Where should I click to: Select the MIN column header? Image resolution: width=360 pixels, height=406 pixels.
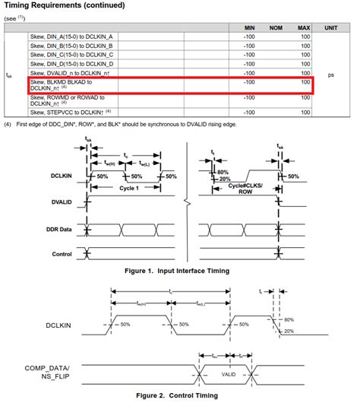pos(249,27)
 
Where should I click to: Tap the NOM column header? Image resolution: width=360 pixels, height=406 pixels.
pos(277,27)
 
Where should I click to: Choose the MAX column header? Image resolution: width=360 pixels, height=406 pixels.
pos(304,27)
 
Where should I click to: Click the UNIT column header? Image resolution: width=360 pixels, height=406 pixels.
pos(331,27)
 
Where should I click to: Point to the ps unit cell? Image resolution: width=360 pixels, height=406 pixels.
pos(331,75)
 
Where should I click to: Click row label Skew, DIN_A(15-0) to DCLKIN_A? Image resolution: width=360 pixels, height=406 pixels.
pos(71,36)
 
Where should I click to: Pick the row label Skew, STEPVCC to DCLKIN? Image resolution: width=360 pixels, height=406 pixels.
pos(71,111)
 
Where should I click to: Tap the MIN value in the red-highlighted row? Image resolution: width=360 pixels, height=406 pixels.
pos(249,81)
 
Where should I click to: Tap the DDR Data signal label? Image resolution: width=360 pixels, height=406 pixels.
pos(58,228)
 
